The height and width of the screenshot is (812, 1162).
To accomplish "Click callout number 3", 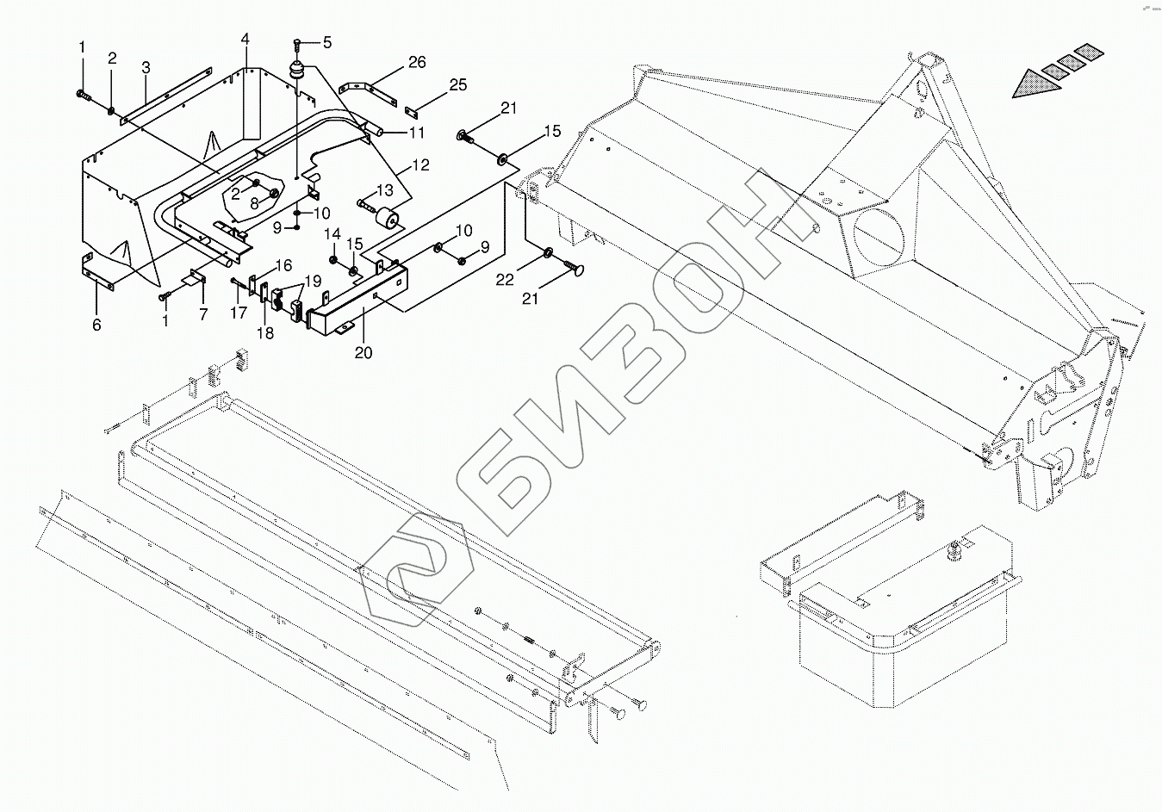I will (146, 67).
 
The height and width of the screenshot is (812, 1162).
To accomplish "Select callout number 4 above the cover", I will (245, 40).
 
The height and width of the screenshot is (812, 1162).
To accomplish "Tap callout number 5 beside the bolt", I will (326, 42).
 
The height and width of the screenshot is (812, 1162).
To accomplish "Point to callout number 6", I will (96, 325).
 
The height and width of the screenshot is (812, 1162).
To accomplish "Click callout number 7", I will (203, 315).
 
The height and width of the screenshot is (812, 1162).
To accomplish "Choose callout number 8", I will (254, 204).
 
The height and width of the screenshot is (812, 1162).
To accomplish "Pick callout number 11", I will (417, 133).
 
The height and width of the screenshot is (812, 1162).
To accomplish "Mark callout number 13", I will (384, 190).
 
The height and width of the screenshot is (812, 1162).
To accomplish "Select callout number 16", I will (283, 264).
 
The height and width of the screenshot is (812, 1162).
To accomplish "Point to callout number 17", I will (239, 313).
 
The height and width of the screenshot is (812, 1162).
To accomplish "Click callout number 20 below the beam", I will (364, 352).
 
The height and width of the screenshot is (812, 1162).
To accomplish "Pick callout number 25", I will (458, 84).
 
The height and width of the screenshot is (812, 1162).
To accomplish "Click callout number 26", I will (417, 62).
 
